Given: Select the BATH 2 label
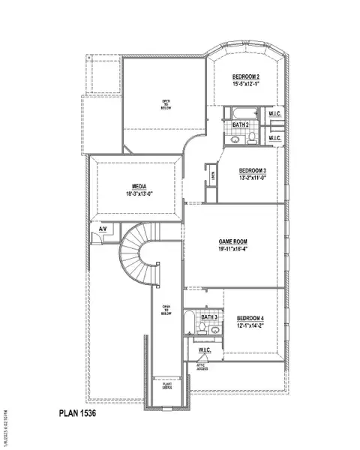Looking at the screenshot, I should click(x=240, y=124).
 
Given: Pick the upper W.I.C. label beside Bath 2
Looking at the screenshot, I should click(x=274, y=114).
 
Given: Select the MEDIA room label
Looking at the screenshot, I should click(x=139, y=187).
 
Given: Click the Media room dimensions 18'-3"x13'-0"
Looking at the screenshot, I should click(x=139, y=193).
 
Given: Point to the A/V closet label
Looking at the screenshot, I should click(x=92, y=228).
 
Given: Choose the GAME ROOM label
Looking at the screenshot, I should click(x=232, y=241).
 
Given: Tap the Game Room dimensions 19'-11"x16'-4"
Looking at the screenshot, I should click(x=232, y=249).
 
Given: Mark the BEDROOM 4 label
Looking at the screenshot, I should click(x=250, y=318).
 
